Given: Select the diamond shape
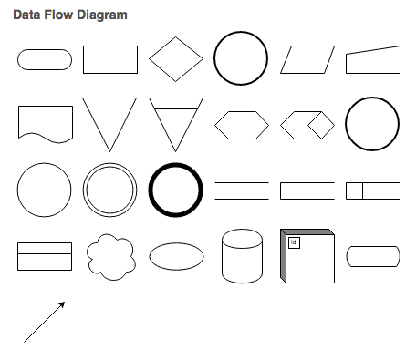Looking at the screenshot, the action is (x=176, y=59).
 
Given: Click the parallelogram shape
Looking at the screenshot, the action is (x=307, y=59).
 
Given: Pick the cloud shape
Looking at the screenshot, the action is (x=110, y=257).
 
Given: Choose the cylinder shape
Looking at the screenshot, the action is (x=242, y=256).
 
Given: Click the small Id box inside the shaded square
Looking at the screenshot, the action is (x=294, y=242).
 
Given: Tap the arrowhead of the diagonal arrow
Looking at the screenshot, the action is (x=62, y=304).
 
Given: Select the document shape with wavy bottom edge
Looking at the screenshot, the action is (x=46, y=124).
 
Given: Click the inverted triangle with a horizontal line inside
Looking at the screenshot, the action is (x=176, y=124).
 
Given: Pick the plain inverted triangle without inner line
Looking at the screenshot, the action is (x=109, y=124).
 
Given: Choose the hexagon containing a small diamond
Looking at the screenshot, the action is (x=307, y=125).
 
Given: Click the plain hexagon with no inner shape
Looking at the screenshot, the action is (x=242, y=125).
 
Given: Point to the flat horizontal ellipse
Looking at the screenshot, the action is (x=176, y=256).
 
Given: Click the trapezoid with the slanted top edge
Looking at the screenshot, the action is (x=373, y=60).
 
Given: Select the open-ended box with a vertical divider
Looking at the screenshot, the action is (x=373, y=190).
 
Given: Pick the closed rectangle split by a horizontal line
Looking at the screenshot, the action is (x=45, y=256).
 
